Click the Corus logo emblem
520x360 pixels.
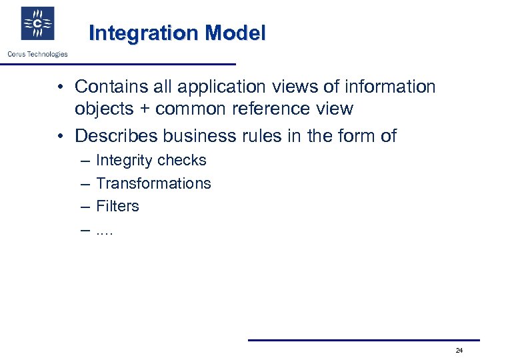[x=37, y=24]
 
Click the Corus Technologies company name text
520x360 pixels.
[x=37, y=54]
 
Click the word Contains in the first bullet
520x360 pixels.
[x=109, y=87]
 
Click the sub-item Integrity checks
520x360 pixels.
[x=151, y=161]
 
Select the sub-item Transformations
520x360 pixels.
[x=153, y=183]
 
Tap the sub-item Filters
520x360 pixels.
[x=117, y=206]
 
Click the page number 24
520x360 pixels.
[x=459, y=351]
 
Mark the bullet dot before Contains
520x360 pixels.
[x=60, y=87]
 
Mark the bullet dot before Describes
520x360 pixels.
[x=60, y=137]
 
